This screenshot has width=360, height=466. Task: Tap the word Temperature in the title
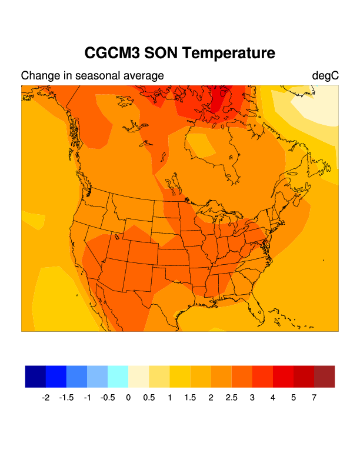click(x=230, y=53)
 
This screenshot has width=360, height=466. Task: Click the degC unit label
click(x=325, y=76)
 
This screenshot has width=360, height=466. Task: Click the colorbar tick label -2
click(x=45, y=398)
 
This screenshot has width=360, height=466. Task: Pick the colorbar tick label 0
click(x=128, y=398)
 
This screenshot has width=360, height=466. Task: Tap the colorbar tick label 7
click(x=314, y=398)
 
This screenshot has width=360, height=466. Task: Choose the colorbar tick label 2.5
click(x=231, y=398)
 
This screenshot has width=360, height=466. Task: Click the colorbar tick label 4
click(x=273, y=398)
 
